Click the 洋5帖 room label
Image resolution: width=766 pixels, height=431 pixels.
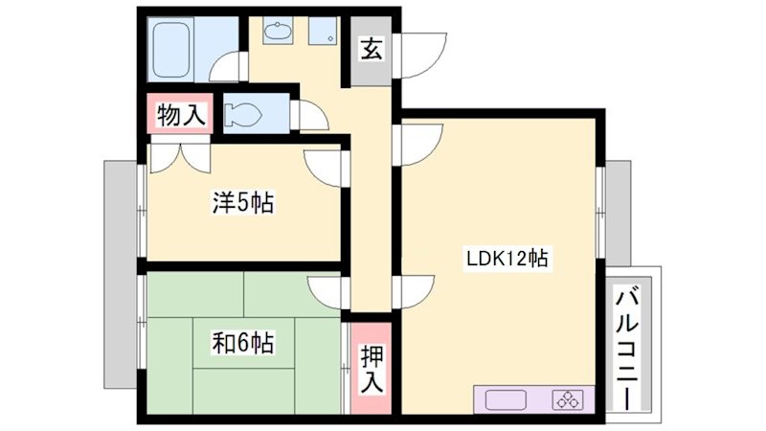tap(243, 203)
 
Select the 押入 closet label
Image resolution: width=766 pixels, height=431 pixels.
tap(372, 369)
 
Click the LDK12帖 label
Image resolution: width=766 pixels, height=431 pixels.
tap(507, 258)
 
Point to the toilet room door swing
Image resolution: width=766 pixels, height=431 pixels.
tap(313, 116)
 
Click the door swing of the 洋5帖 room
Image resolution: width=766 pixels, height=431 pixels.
tap(326, 169)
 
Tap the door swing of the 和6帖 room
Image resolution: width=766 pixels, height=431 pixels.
tap(326, 291)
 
